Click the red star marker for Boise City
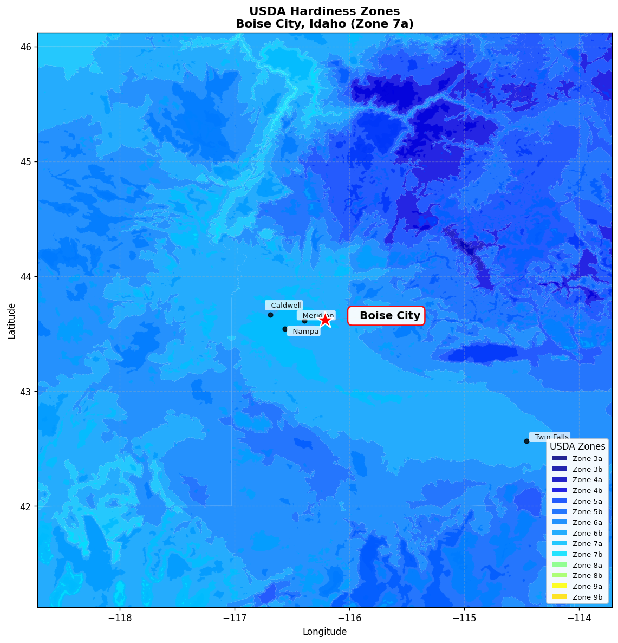324,320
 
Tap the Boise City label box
386,316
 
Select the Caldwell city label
284,306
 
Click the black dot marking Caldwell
270,315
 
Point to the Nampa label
304,332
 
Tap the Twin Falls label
550,437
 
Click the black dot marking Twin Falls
526,441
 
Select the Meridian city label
317,315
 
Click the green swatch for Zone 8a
559,565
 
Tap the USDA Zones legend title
577,446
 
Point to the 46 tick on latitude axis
26,47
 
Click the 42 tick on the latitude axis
26,506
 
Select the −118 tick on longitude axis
120,618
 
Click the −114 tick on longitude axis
578,618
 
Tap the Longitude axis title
324,632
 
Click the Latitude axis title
11,321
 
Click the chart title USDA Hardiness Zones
324,11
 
